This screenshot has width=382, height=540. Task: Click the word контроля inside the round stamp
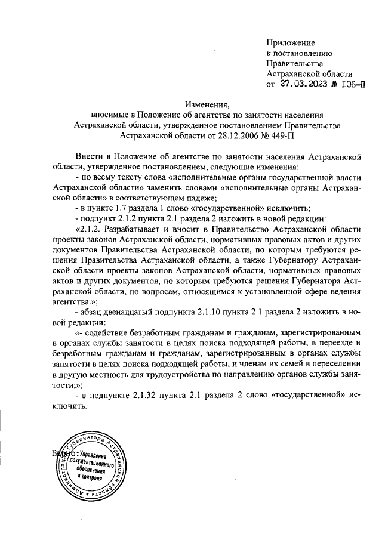(90, 478)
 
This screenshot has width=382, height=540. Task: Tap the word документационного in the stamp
(92, 462)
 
